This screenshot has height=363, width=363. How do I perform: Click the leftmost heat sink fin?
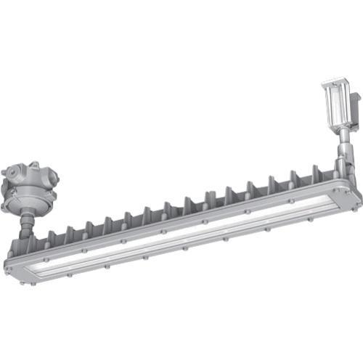coord(52,237)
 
